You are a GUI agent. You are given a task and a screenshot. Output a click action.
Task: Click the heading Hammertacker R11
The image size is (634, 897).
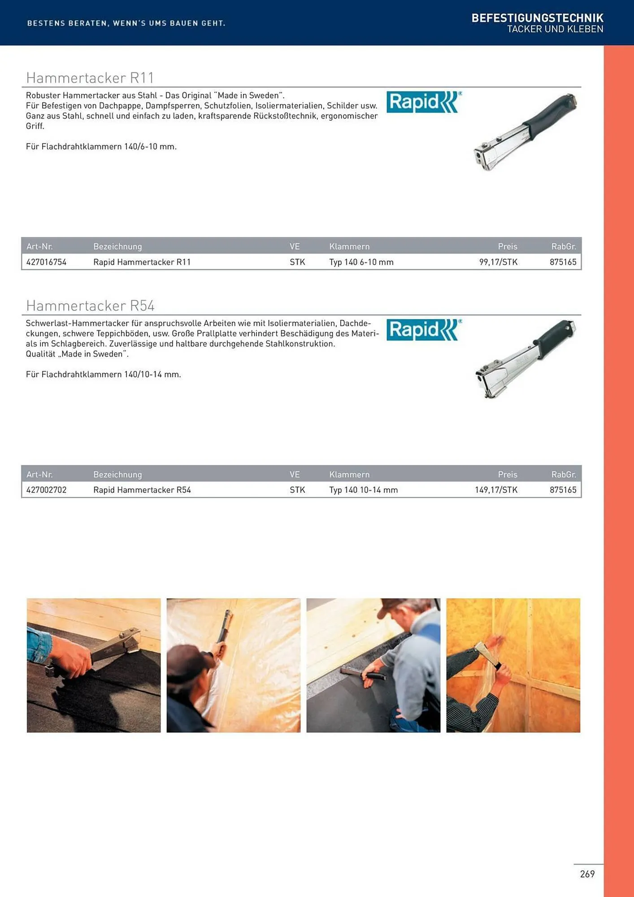coord(90,78)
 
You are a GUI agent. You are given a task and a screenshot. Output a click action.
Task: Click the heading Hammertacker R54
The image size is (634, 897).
coord(90,305)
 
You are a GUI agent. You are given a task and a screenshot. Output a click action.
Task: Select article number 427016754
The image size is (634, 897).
coord(46,262)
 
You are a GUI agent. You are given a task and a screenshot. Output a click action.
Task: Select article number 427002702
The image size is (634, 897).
coord(46,490)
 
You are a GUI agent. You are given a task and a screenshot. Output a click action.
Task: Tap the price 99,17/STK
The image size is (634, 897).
coord(498,262)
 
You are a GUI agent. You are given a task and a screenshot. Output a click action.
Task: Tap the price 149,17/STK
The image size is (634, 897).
coord(496,490)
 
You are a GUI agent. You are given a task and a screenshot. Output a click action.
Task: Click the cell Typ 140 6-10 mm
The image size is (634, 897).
coord(361,262)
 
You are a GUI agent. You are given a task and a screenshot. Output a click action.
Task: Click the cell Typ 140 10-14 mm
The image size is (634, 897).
coord(364,490)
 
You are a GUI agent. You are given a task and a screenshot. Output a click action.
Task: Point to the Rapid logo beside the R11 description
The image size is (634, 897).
coord(424,102)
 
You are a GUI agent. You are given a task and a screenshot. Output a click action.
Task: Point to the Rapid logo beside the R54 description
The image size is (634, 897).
coord(424,330)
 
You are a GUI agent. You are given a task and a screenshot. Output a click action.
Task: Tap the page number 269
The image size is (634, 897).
coord(587,874)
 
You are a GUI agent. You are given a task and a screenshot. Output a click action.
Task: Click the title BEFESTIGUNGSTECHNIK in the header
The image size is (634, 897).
coord(537,18)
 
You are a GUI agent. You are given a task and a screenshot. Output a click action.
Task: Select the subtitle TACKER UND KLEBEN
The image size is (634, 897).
coord(555,29)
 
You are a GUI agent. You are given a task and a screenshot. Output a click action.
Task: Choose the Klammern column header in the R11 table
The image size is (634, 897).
coord(349,246)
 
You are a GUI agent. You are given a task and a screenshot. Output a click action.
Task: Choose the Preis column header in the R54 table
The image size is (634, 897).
coord(508,474)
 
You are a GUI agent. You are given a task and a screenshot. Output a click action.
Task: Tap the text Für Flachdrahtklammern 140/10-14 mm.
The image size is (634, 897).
coord(104,374)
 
